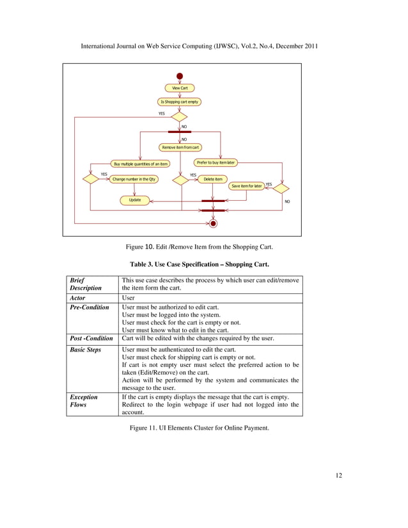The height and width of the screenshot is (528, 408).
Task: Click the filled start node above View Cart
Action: tap(180, 76)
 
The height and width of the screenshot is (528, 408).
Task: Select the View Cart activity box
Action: tap(180, 88)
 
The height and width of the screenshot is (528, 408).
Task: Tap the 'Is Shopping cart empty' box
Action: tap(180, 102)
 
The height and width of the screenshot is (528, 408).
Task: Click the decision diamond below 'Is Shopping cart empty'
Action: tap(180, 118)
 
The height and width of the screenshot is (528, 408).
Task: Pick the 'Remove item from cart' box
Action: tap(180, 147)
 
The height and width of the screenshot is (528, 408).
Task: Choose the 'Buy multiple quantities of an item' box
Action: tap(141, 164)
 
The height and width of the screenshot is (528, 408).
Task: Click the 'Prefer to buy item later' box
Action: tap(216, 162)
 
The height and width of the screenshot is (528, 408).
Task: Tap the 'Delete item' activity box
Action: tap(214, 180)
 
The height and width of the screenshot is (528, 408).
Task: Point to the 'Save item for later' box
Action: tap(246, 186)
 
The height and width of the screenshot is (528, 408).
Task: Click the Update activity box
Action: tap(135, 200)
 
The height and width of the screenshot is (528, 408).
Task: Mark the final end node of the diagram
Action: tap(214, 223)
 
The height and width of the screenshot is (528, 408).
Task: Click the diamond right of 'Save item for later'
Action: tap(281, 188)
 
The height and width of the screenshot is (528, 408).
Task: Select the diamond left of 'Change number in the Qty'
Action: tap(91, 180)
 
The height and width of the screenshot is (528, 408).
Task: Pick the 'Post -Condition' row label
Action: tap(91, 338)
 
